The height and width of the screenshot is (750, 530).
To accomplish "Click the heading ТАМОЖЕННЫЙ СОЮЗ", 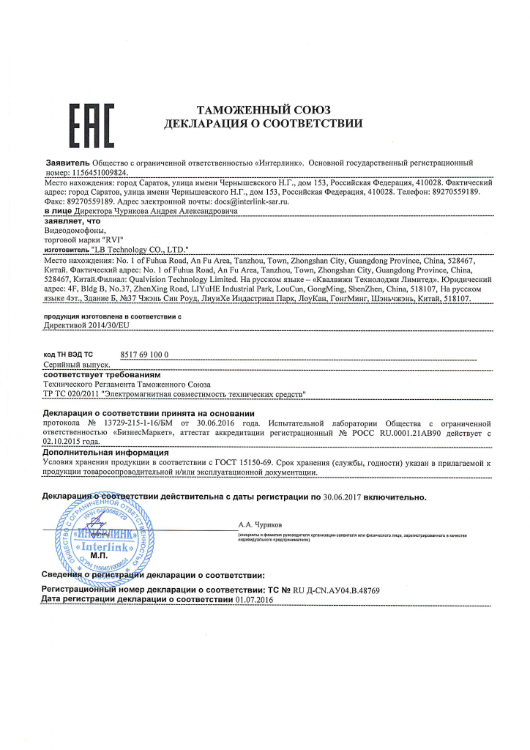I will tap(264, 110).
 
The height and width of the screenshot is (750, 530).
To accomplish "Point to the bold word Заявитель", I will tap(67, 162).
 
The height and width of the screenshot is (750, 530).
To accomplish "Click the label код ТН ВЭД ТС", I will tap(69, 354).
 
